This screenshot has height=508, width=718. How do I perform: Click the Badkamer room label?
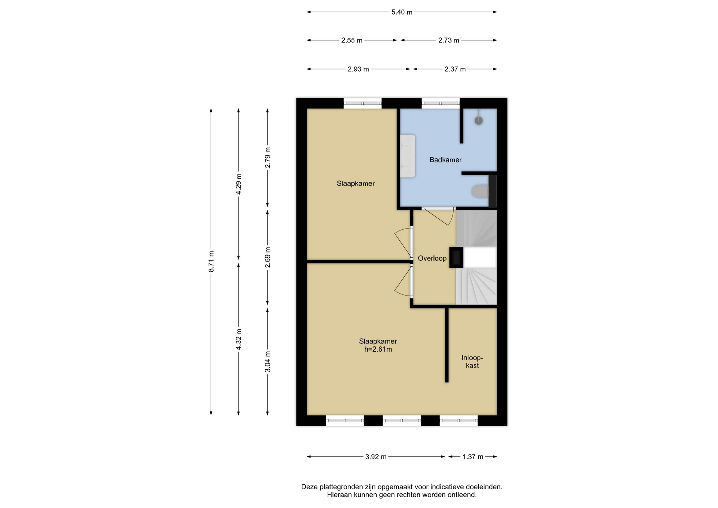[445, 160]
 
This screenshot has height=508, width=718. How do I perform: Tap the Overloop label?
[432, 258]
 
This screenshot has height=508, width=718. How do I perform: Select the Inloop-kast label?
[472, 361]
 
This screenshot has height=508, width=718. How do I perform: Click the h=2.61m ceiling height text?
[378, 349]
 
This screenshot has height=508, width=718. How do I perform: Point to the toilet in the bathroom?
[480, 191]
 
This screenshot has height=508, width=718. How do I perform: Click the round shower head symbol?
[479, 120]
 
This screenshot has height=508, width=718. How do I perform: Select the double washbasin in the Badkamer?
[408, 156]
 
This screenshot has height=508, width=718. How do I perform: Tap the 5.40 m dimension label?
[402, 12]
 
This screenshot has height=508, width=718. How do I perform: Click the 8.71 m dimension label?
[211, 261]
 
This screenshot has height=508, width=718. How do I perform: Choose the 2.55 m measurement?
[352, 40]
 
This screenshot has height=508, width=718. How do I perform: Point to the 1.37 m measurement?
[473, 457]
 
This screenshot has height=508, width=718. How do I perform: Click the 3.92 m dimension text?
[376, 457]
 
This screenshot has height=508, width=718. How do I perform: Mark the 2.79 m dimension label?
[267, 158]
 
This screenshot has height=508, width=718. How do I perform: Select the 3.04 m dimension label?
[267, 362]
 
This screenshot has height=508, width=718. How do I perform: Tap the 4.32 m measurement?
[239, 339]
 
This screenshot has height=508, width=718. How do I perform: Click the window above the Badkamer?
[441, 103]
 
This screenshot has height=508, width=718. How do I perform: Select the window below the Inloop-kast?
[459, 420]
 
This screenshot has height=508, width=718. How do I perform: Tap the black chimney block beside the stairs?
[456, 257]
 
